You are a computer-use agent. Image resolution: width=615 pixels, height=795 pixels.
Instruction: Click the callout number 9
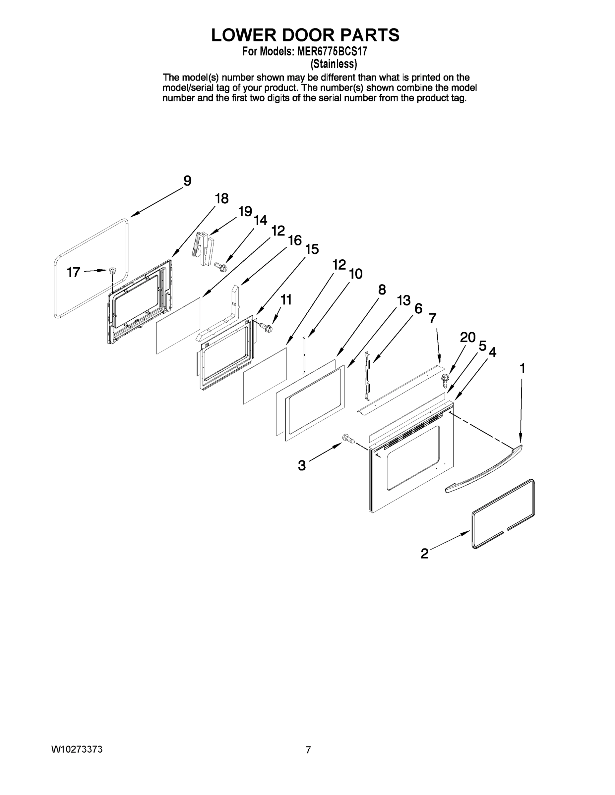pyautogui.click(x=187, y=181)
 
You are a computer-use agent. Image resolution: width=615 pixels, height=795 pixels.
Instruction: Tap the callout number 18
pyautogui.click(x=221, y=199)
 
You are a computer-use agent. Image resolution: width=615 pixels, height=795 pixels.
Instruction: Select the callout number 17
pyautogui.click(x=74, y=272)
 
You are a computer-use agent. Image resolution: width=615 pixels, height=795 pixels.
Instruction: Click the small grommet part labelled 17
pyautogui.click(x=113, y=270)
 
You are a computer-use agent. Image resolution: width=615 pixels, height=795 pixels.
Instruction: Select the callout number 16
pyautogui.click(x=294, y=240)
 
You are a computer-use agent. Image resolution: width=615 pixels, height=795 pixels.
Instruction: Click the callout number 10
pyautogui.click(x=356, y=274)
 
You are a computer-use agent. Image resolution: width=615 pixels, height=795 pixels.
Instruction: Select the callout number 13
pyautogui.click(x=404, y=301)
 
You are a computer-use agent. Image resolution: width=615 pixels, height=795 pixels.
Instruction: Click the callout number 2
pyautogui.click(x=424, y=554)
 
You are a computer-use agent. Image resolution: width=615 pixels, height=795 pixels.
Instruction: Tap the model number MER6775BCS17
pyautogui.click(x=332, y=52)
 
